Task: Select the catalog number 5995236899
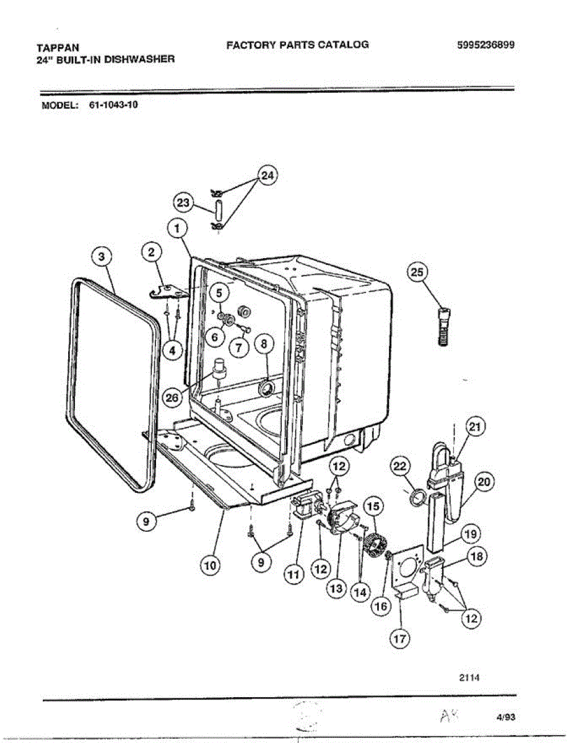coord(485,45)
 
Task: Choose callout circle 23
coord(183,203)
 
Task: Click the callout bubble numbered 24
coord(267,176)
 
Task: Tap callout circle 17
coord(399,638)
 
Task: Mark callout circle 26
coord(173,398)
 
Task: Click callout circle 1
coord(178,228)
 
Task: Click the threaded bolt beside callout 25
coord(441,326)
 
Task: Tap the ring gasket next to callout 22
coord(419,497)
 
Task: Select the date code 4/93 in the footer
coord(506,718)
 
